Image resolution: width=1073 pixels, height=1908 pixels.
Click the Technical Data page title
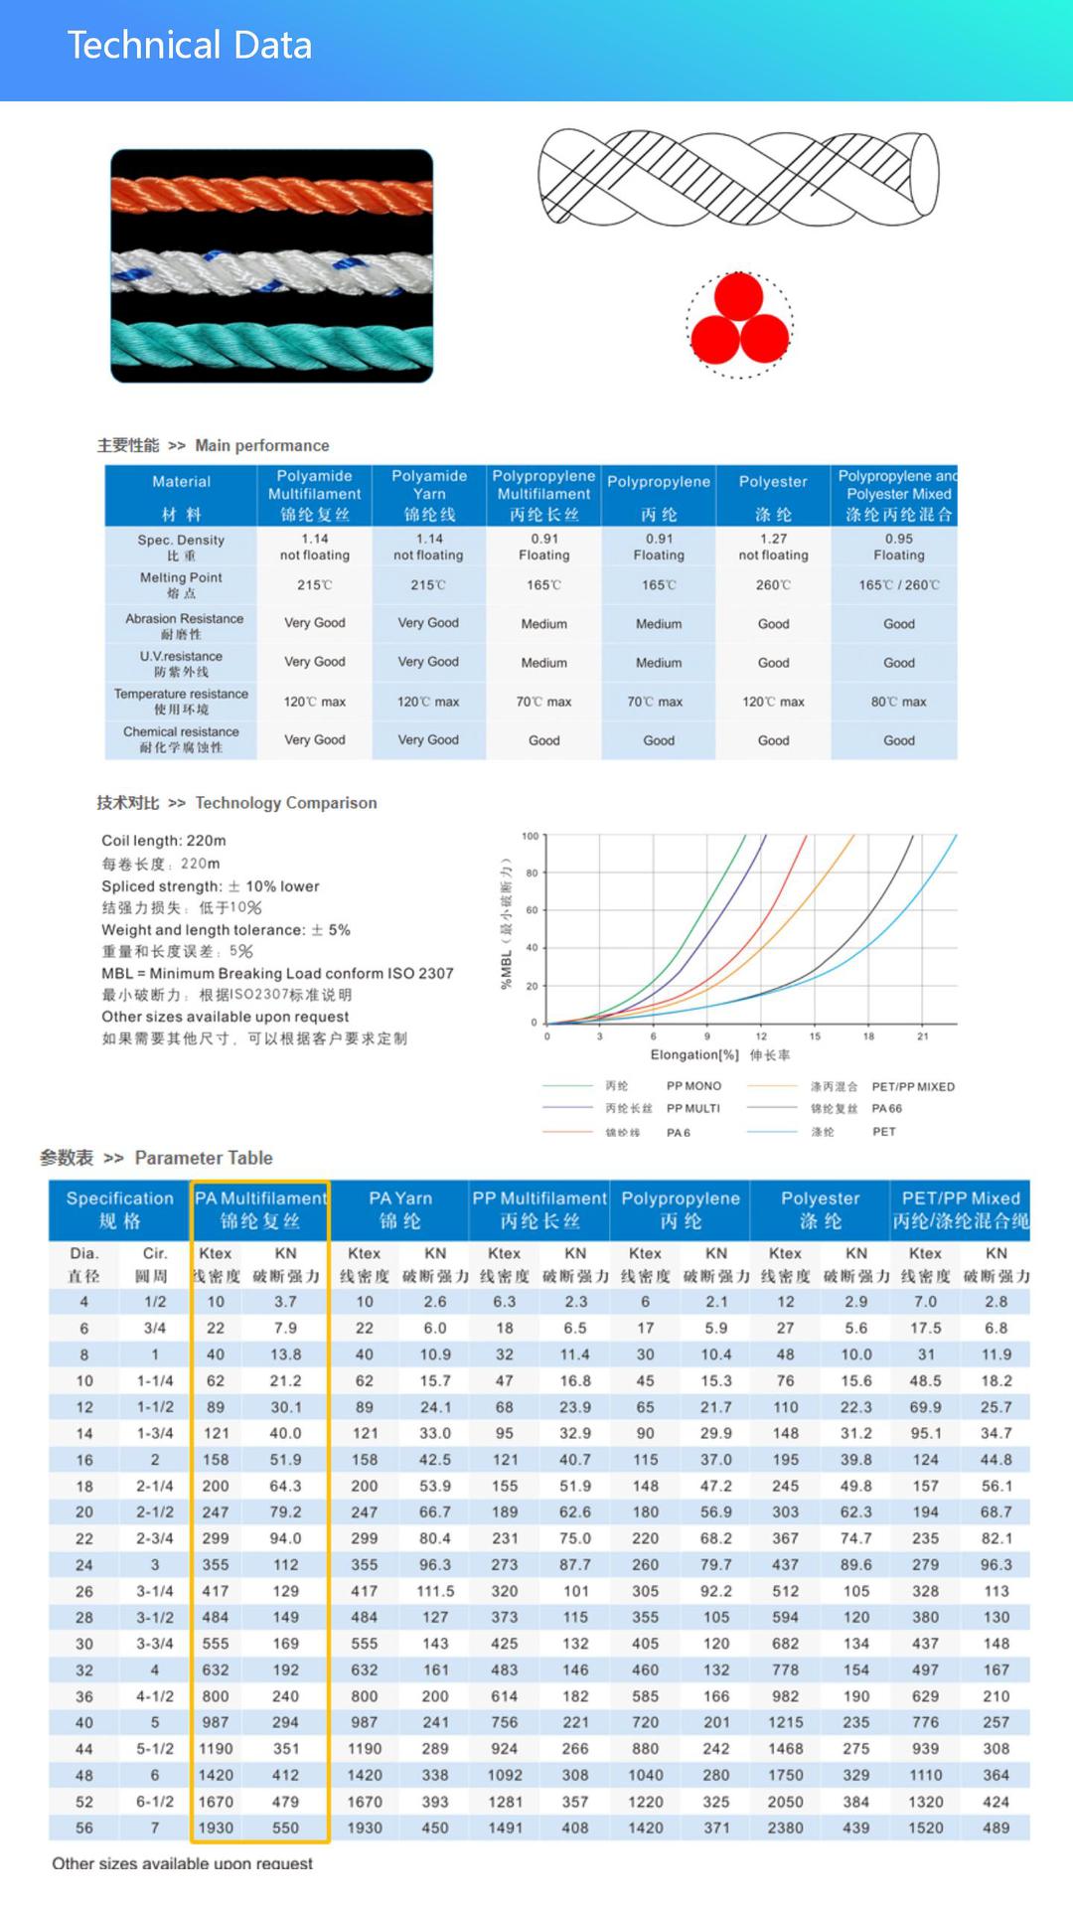coord(189,46)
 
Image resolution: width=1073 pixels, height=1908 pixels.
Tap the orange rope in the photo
coord(271,195)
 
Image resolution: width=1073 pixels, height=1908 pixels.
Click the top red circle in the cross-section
coord(738,296)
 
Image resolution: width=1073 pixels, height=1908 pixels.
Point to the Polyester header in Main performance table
coord(773,482)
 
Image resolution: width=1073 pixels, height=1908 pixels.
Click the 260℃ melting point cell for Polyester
coord(773,585)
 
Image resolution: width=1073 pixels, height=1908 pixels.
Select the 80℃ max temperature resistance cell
coord(898,702)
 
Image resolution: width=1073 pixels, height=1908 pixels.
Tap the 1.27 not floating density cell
coord(773,547)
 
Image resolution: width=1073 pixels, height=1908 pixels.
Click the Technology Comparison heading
coord(285,803)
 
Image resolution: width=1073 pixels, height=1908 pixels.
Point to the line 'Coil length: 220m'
coord(164,841)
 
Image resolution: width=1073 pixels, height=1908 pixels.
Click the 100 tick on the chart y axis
coord(531,837)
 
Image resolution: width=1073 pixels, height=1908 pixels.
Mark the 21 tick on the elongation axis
coord(923,1036)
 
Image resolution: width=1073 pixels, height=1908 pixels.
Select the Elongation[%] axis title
coord(694,1055)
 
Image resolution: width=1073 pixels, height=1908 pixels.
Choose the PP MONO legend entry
coord(693,1086)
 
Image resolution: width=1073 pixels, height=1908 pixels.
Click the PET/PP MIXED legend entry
coord(912,1087)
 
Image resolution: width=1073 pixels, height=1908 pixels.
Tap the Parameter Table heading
coord(203,1158)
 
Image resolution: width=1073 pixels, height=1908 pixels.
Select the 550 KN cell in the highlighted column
coord(286,1828)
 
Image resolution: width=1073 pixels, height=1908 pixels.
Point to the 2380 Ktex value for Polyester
coord(785,1828)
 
